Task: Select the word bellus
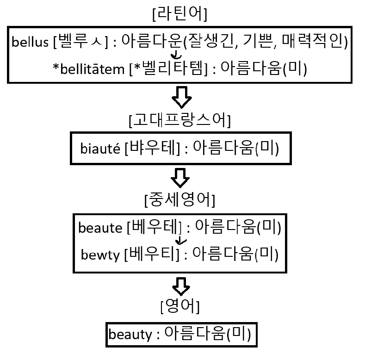coord(31,43)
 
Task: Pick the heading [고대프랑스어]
coord(179,120)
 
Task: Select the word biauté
coord(101,149)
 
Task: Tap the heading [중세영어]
coord(179,200)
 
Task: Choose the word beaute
coord(100,228)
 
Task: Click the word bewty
coord(101,254)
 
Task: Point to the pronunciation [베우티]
coord(152,254)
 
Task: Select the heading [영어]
coord(179,306)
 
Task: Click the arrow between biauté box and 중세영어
coord(180,177)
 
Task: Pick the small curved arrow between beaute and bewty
coord(181,241)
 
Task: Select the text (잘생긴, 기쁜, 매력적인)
coord(265,43)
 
